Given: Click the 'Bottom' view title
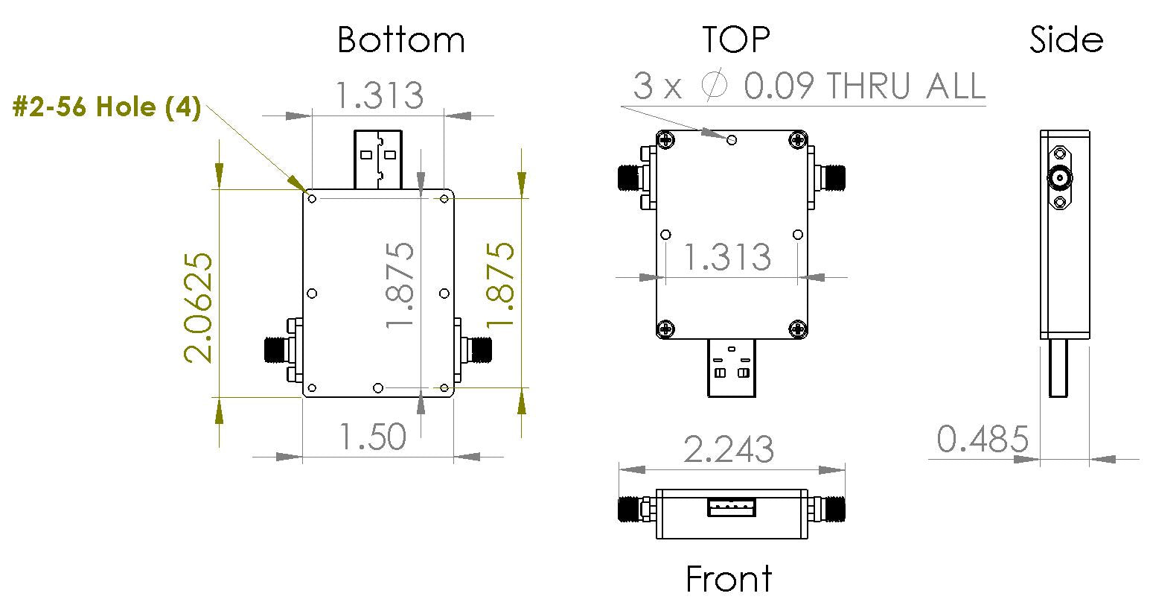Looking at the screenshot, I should pyautogui.click(x=400, y=39).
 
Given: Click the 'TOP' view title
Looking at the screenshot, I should pyautogui.click(x=735, y=39).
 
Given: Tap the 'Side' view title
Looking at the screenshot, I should pyautogui.click(x=1065, y=39).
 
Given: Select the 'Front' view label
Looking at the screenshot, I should pyautogui.click(x=729, y=579).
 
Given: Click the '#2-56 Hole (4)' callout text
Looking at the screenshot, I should pyautogui.click(x=107, y=109).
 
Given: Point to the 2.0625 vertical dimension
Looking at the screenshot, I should pyautogui.click(x=199, y=307).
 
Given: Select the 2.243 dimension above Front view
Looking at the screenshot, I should pyautogui.click(x=729, y=449).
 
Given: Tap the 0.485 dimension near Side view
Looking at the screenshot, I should pyautogui.click(x=982, y=440).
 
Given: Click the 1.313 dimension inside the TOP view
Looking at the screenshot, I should pyautogui.click(x=727, y=257).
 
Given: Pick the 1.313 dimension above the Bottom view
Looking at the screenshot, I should pyautogui.click(x=378, y=95).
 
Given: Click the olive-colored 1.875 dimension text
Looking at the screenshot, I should pyautogui.click(x=499, y=283).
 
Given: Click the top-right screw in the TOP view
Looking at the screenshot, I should pyautogui.click(x=798, y=139).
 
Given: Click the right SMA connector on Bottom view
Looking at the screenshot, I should pyautogui.click(x=476, y=349).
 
